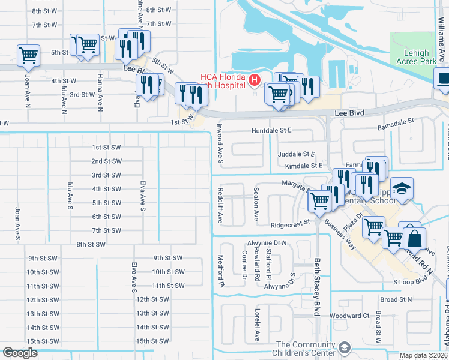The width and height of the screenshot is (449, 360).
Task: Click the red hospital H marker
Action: [255, 79]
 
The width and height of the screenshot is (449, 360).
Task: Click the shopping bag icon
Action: [414, 238]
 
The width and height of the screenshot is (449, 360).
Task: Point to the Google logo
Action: [20, 353]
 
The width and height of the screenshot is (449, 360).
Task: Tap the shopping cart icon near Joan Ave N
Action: [29, 55]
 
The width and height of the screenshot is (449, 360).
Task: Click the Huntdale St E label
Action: [271, 130]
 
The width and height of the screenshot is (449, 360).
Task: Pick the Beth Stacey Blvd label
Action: [316, 287]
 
